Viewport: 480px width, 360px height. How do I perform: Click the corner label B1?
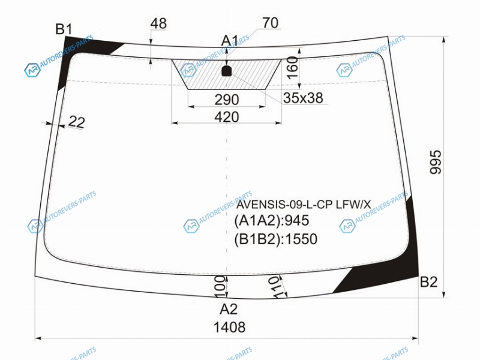64,29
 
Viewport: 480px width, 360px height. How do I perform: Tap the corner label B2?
428,281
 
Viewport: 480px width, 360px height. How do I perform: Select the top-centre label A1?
230,40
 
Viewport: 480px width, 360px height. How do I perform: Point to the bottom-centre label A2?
229,309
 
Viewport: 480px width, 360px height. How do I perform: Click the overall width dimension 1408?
229,327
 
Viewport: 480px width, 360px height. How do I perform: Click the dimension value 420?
227,117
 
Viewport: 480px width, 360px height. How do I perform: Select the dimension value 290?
227,100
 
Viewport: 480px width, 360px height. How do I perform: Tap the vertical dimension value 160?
292,67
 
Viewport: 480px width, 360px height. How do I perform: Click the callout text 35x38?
303,98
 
